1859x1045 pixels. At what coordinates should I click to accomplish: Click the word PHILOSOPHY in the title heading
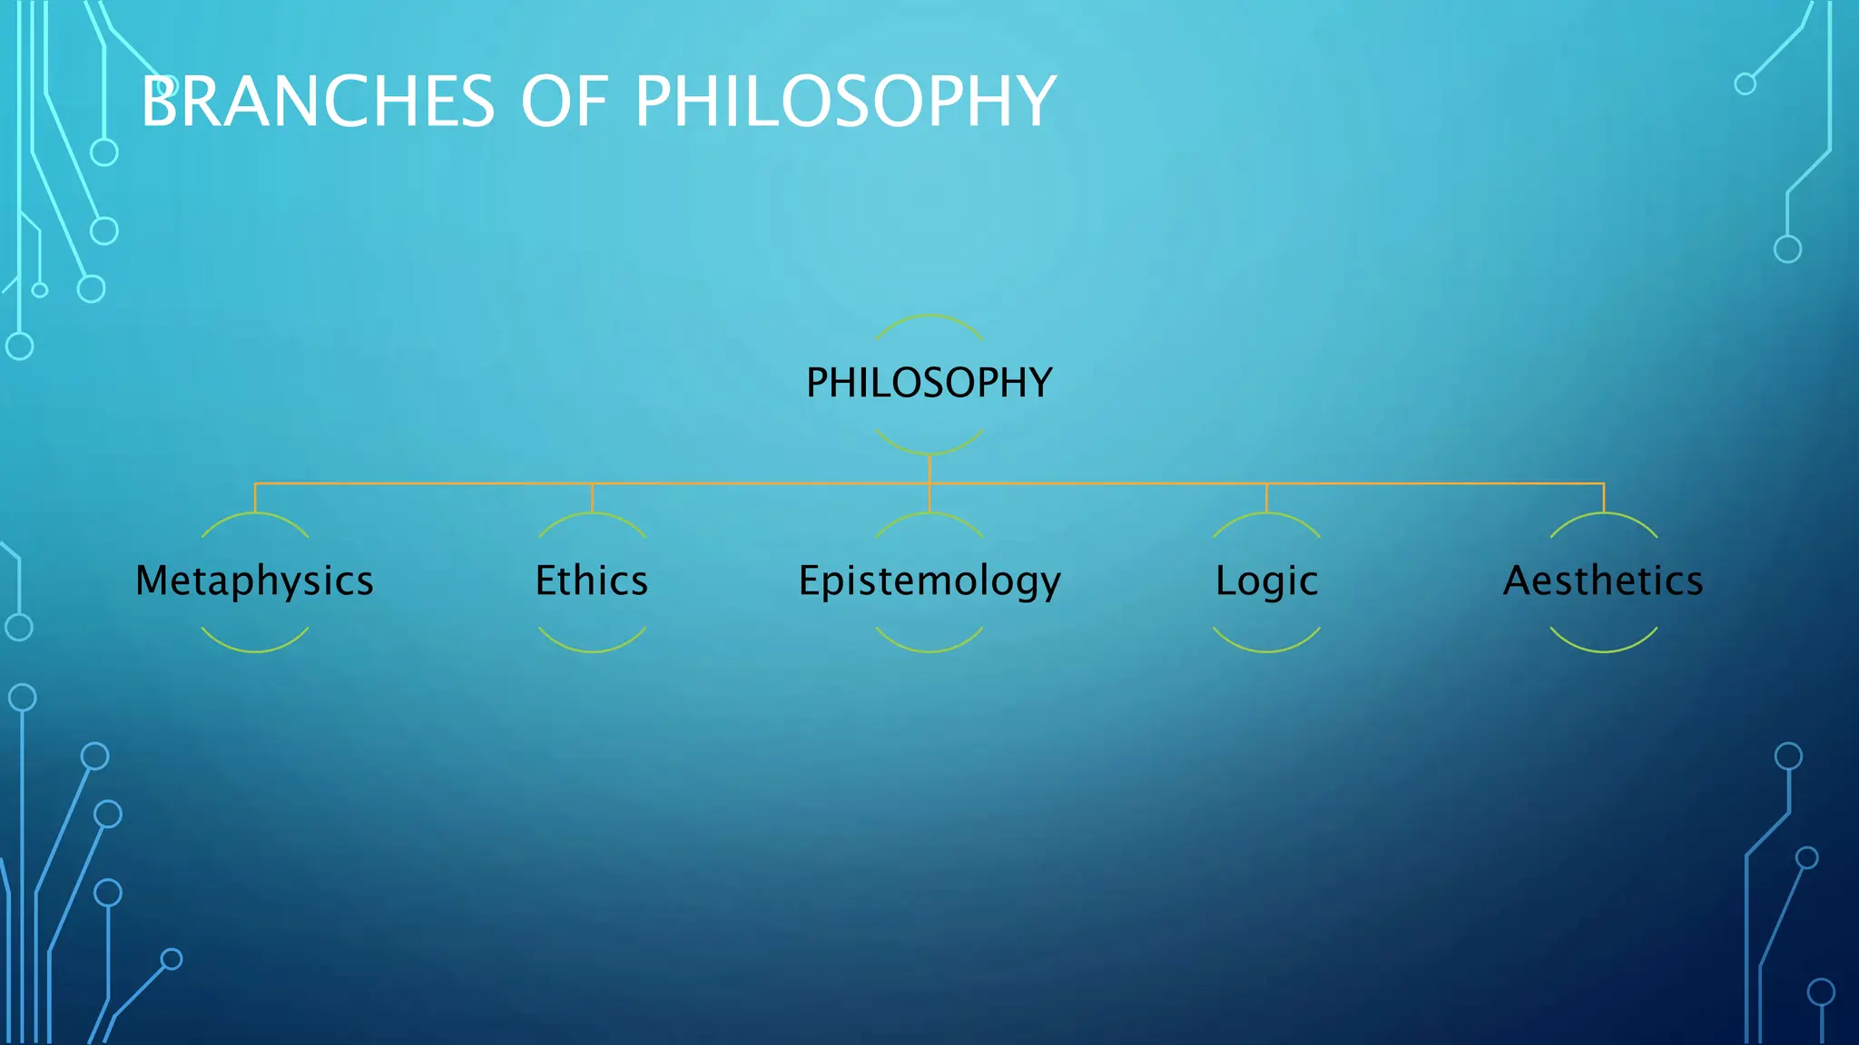click(844, 101)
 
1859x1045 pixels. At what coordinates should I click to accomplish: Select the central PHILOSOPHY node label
click(929, 383)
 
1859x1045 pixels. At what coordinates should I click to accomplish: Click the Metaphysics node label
click(254, 581)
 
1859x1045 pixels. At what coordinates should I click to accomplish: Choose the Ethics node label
click(592, 581)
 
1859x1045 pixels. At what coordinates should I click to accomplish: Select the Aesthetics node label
click(1603, 581)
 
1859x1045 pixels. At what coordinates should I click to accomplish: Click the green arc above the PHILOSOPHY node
click(929, 316)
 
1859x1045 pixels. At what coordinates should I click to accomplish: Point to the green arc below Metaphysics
click(255, 650)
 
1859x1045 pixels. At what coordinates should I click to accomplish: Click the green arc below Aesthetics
click(1604, 650)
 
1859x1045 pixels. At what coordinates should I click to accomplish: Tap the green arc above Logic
click(1266, 513)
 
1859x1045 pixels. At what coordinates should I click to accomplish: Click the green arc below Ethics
click(592, 650)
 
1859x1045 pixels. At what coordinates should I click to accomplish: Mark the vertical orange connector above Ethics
click(592, 498)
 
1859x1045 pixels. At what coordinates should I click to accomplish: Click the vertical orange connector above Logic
click(1266, 498)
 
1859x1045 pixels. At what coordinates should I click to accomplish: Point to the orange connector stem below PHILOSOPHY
click(929, 468)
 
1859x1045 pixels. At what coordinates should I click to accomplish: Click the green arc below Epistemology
click(929, 650)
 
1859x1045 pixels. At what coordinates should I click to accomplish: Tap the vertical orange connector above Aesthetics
click(1604, 498)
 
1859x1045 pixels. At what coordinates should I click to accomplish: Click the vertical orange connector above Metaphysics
click(255, 498)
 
